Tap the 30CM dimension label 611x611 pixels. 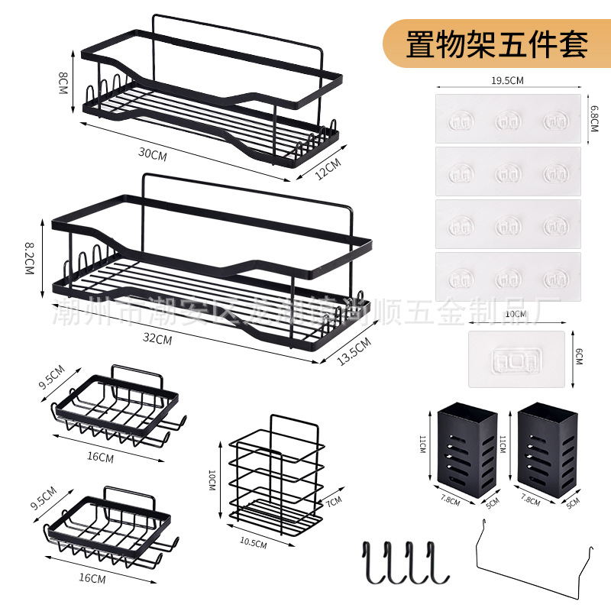[152, 154]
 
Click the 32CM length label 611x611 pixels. [160, 339]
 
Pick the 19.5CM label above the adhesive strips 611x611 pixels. [507, 80]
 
